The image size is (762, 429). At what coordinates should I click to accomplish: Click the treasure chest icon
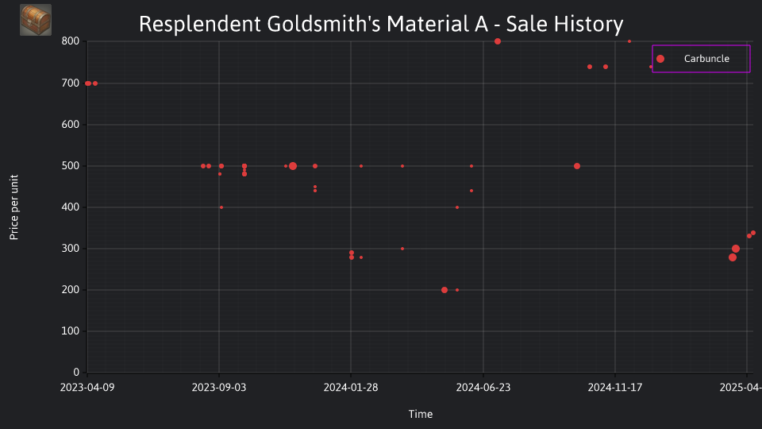pos(36,20)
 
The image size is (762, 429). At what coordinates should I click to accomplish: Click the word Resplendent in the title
pos(200,25)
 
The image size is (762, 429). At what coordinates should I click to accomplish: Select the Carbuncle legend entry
pos(701,59)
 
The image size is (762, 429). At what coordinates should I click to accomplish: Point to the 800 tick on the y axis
pos(71,41)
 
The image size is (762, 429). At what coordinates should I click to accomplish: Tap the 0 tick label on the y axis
pos(76,373)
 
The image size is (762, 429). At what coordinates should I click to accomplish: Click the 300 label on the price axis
pos(71,249)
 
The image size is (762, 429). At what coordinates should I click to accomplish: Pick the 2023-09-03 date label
pos(219,388)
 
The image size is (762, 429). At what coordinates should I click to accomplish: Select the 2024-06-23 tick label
pos(483,388)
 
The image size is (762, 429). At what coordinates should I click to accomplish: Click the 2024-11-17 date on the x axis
pos(614,388)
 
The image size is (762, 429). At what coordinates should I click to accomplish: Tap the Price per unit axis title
pos(14,207)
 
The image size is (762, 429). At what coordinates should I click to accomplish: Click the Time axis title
pos(421,415)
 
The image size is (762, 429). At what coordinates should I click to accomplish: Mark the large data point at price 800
pos(497,41)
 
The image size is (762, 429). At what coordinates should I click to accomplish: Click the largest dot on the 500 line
pos(293,166)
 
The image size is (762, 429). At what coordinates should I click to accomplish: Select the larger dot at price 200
pos(444,291)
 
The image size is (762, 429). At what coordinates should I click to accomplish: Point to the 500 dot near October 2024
pos(577,166)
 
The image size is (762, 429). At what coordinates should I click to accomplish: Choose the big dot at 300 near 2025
pos(736,249)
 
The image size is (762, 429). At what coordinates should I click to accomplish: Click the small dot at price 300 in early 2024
pos(402,249)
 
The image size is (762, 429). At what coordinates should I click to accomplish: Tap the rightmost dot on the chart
pos(753,233)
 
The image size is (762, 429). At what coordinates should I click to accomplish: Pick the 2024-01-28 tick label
pos(351,388)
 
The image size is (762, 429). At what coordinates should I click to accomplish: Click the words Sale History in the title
pos(564,25)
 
